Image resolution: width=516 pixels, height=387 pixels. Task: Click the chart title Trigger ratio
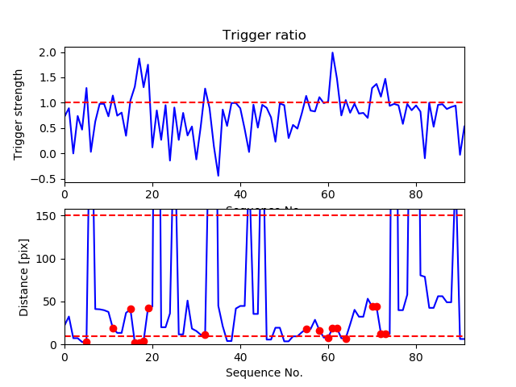pyautogui.click(x=264, y=35)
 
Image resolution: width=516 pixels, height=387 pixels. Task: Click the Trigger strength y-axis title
pyautogui.click(x=19, y=114)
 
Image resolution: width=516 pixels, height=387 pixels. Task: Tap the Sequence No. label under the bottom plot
pyautogui.click(x=264, y=372)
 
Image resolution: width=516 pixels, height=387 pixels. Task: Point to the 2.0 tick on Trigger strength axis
pyautogui.click(x=49, y=52)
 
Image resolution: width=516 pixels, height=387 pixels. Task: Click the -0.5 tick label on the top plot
pyautogui.click(x=45, y=179)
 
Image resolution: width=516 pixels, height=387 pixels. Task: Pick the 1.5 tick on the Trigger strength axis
pyautogui.click(x=49, y=77)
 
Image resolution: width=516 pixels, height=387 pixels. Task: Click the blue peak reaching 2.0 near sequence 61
pyautogui.click(x=332, y=53)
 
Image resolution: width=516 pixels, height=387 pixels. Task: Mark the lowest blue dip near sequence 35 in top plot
pyautogui.click(x=218, y=175)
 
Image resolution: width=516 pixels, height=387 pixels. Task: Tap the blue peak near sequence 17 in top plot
pyautogui.click(x=139, y=59)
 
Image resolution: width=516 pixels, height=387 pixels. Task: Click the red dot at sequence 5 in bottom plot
pyautogui.click(x=86, y=342)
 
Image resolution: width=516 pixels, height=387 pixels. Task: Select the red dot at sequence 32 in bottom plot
pyautogui.click(x=205, y=335)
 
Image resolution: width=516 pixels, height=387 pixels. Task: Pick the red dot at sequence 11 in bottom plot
pyautogui.click(x=113, y=328)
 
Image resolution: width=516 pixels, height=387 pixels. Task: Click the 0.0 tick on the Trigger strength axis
pyautogui.click(x=49, y=153)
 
